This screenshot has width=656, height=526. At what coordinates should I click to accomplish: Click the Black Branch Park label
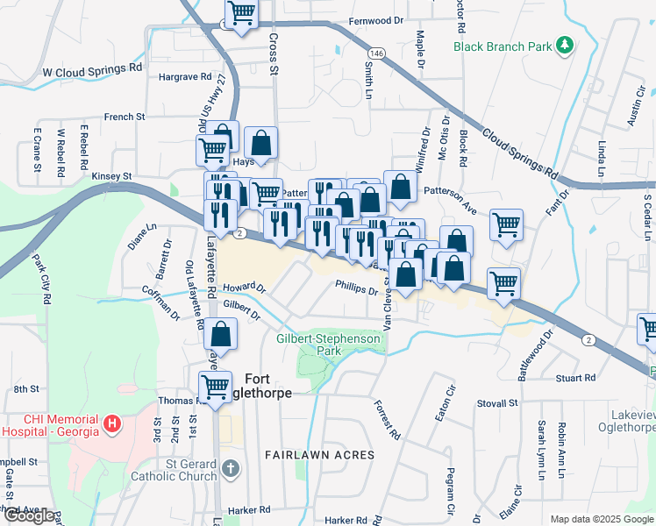502,46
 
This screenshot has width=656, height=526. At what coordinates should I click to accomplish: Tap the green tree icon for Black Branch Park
566,45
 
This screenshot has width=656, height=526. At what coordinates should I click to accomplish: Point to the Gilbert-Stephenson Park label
329,345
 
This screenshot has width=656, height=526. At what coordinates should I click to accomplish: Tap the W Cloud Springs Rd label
91,67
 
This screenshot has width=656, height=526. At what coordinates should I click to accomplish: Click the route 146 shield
375,53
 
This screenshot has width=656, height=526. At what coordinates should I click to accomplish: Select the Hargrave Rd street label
186,77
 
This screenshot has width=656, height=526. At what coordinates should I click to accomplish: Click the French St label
125,117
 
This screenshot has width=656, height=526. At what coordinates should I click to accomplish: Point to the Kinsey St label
111,176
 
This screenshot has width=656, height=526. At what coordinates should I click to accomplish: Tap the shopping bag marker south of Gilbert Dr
223,333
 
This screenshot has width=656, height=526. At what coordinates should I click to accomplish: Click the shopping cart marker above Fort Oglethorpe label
214,386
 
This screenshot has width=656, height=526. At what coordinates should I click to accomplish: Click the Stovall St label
499,403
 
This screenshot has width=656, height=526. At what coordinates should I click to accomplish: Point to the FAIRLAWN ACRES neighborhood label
320,455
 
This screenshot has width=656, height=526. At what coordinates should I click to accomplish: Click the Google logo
29,515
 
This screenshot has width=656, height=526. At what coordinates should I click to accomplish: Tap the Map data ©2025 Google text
599,519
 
